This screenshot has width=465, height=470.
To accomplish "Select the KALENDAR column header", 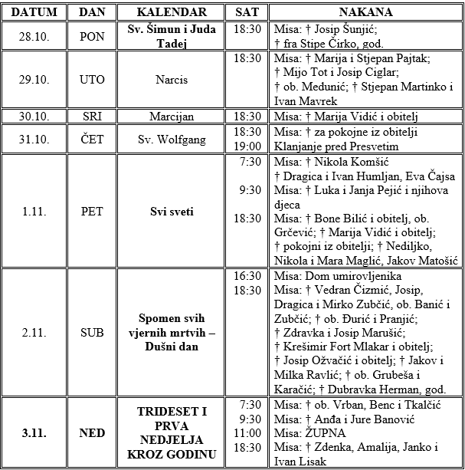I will pyautogui.click(x=172, y=13).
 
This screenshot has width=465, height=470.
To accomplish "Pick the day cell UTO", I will pyautogui.click(x=92, y=80).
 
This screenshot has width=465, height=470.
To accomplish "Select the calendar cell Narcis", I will pyautogui.click(x=172, y=80).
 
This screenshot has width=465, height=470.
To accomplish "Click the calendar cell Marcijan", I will pyautogui.click(x=172, y=116).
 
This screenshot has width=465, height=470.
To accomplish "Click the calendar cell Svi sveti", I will pyautogui.click(x=172, y=211).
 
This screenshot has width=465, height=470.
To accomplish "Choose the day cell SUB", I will pyautogui.click(x=92, y=332).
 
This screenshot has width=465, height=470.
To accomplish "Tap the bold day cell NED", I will pyautogui.click(x=92, y=433).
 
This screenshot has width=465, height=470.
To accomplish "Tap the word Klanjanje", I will pyautogui.click(x=302, y=145).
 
